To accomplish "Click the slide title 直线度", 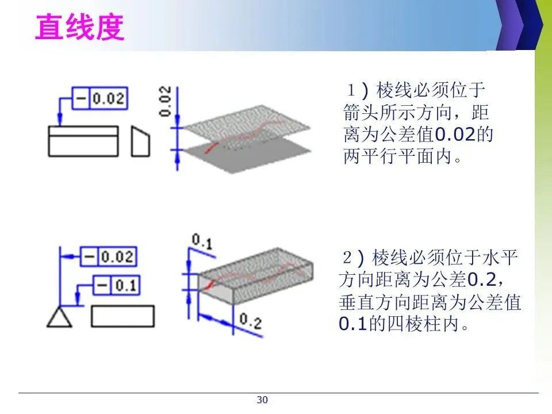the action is pos(80,28).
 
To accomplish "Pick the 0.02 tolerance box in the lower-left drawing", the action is pos(109,256).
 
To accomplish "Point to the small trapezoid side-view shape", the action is pos(140,141).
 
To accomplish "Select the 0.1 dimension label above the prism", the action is pos(202,244).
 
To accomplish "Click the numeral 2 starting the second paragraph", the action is pos(347,256).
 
